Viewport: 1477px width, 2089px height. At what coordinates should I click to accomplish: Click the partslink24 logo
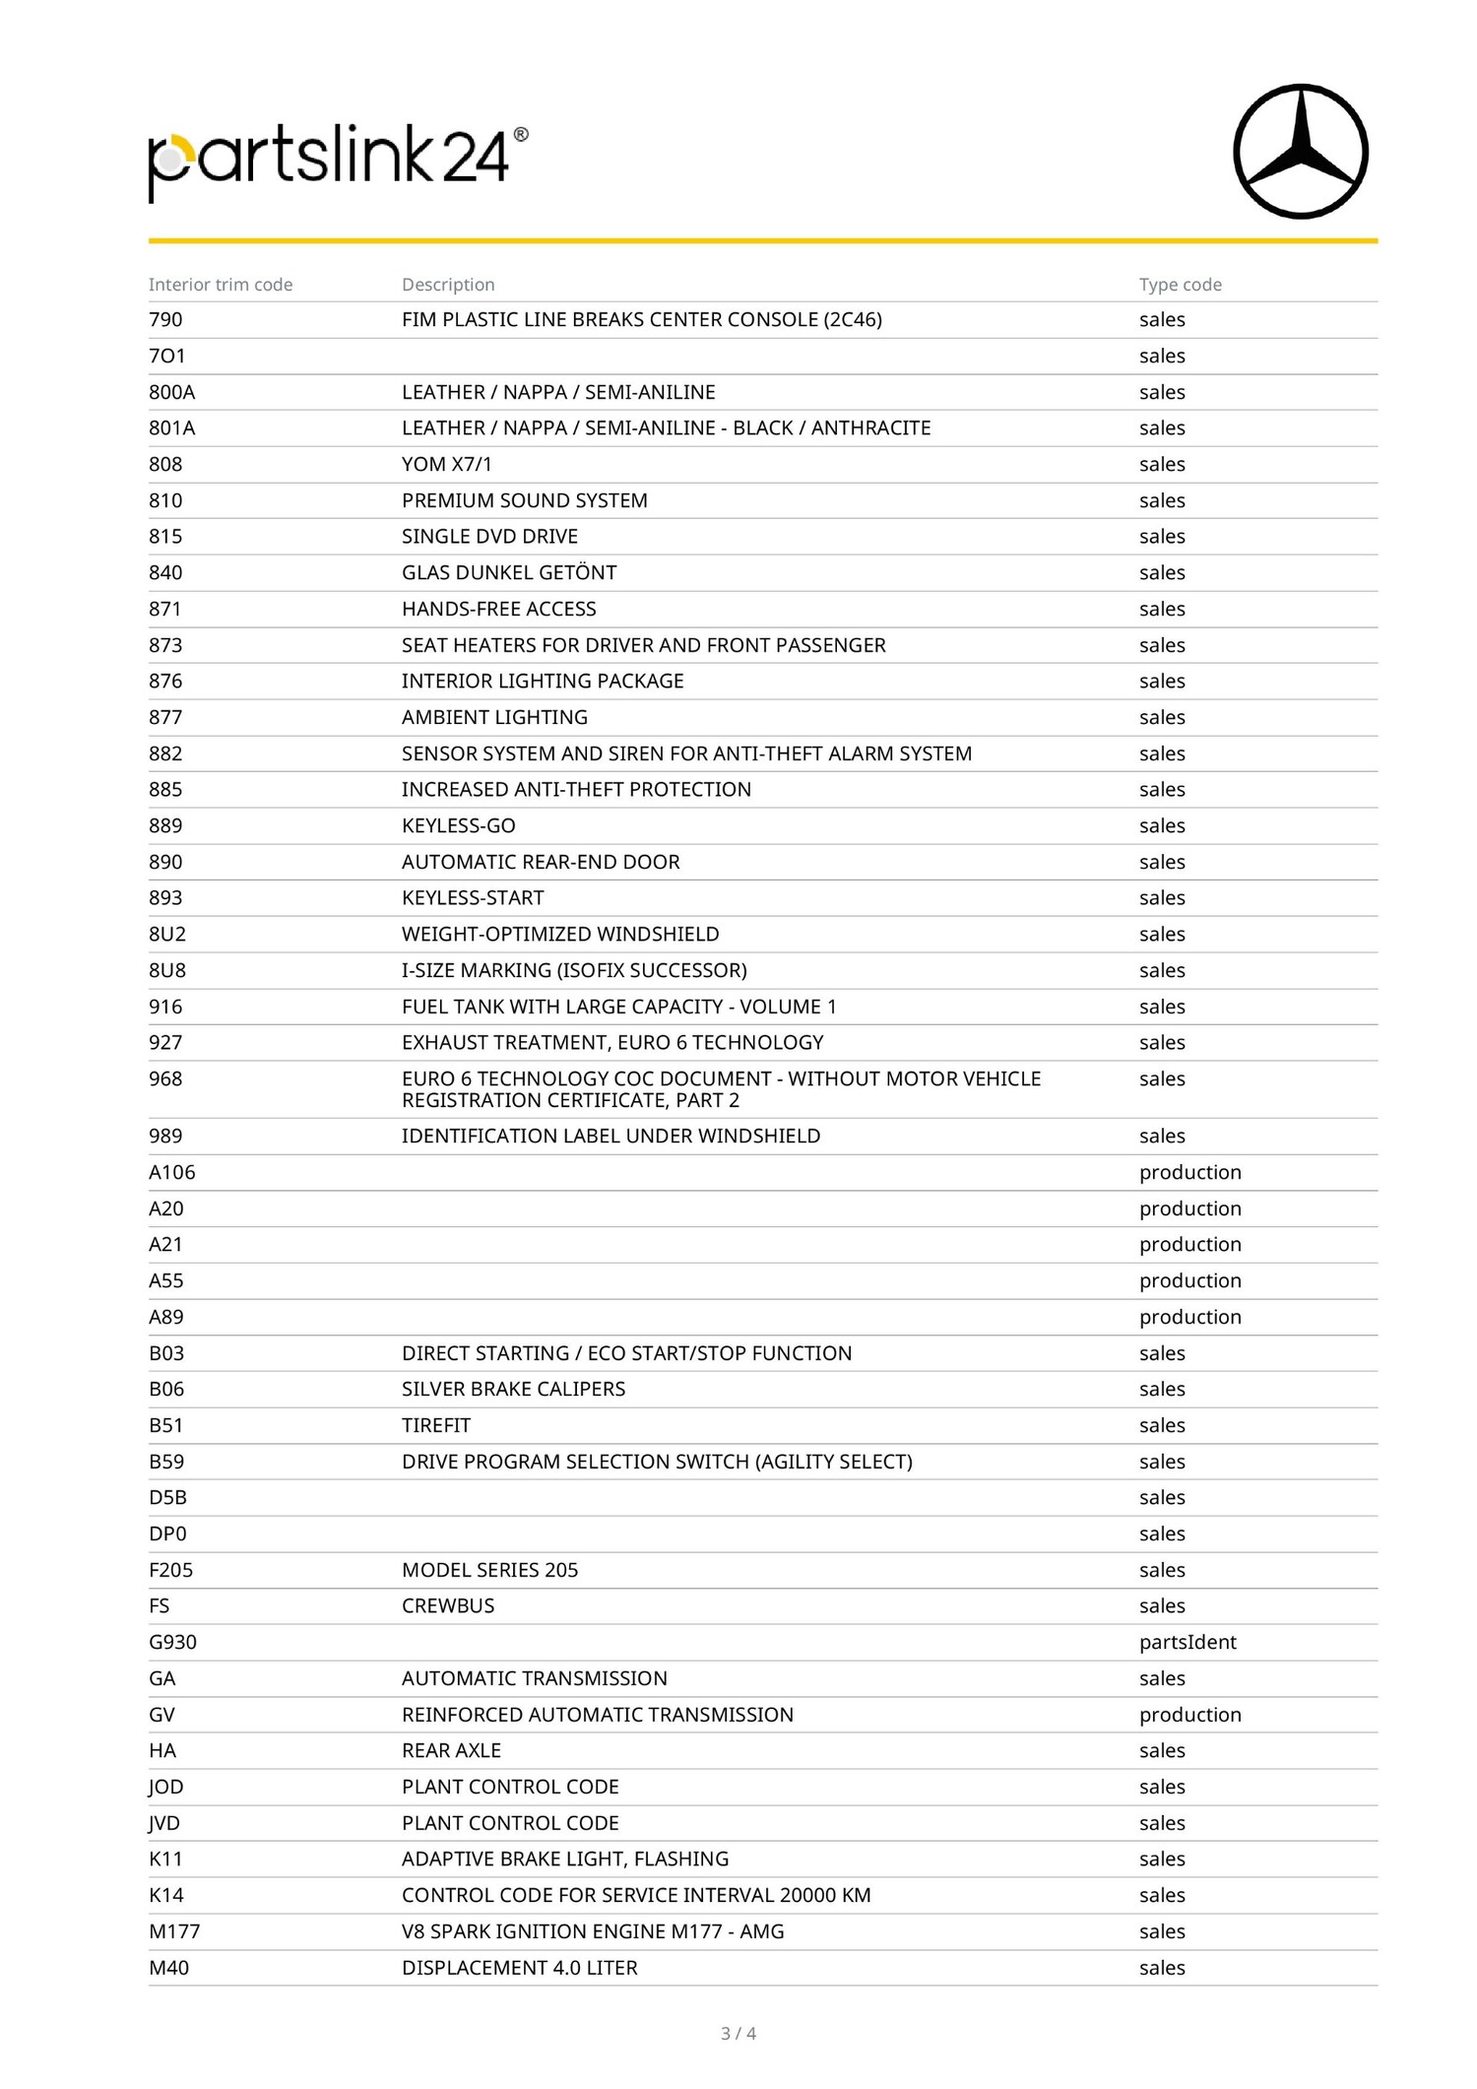coord(338,161)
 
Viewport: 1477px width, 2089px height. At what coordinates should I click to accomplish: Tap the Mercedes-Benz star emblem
coord(1300,152)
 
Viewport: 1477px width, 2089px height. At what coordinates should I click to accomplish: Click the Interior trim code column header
coord(221,285)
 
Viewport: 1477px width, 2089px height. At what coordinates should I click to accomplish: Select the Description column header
coord(448,285)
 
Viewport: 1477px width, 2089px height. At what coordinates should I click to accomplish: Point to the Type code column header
coord(1180,285)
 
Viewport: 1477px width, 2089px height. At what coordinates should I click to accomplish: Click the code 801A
coord(172,428)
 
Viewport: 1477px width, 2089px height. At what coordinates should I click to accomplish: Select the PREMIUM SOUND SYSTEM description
coord(525,500)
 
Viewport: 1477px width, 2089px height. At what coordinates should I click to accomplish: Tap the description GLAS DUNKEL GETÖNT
coord(509,572)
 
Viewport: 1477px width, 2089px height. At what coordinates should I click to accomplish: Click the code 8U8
coord(167,970)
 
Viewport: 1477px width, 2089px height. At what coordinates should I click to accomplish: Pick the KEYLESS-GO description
coord(459,825)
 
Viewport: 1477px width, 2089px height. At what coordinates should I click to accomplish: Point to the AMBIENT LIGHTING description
coord(494,717)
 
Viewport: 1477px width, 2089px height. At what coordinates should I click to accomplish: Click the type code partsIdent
coord(1188,1642)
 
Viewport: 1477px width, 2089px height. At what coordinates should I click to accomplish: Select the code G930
coord(173,1642)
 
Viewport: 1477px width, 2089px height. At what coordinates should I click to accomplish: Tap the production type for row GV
coord(1189,1715)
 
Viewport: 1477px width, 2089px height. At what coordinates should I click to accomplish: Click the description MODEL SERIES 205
coord(490,1570)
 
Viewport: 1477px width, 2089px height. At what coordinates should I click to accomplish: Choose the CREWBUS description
coord(448,1605)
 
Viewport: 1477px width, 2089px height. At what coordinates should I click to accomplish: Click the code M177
coord(174,1931)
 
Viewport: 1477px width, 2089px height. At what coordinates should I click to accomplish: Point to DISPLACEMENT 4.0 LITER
coord(520,1968)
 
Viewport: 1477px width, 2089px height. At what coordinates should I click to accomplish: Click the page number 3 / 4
coord(738,2033)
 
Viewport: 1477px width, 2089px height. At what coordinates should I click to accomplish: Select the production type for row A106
coord(1189,1172)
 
